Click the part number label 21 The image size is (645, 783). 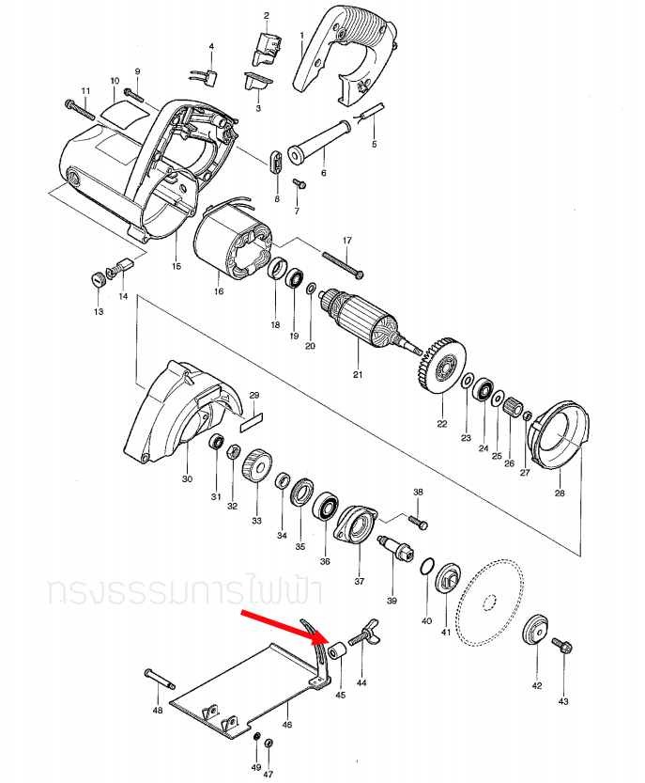[357, 375]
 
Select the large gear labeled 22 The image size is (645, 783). [440, 364]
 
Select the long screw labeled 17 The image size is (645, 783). [343, 264]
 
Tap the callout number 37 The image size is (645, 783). [359, 580]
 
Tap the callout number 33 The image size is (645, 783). [256, 520]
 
